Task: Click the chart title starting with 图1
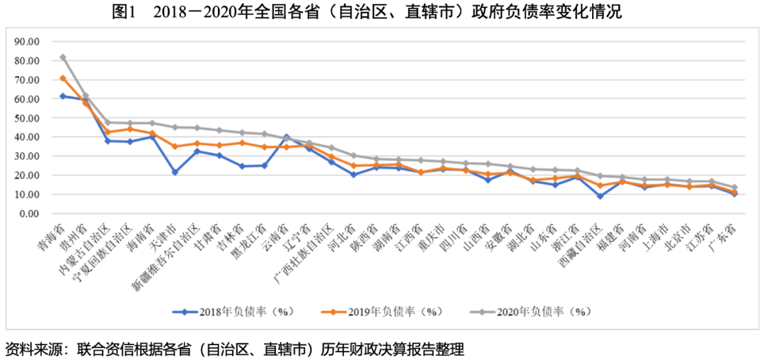[381, 12]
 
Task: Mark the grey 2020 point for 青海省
[63, 57]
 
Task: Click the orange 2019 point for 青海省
[63, 78]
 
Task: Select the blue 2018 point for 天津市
[175, 172]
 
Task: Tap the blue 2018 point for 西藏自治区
[600, 196]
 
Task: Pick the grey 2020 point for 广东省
[734, 187]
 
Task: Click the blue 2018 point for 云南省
[286, 136]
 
